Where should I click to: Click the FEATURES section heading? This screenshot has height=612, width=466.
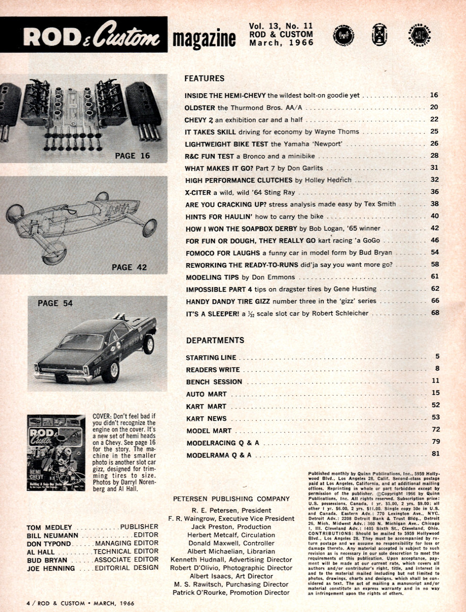(204, 79)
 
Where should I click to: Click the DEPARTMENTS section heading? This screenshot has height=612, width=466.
(215, 340)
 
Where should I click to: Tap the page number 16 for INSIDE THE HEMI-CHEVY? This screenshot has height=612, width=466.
(434, 95)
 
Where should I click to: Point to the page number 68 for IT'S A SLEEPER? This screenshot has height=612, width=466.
(435, 313)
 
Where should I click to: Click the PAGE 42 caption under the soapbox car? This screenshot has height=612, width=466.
(128, 266)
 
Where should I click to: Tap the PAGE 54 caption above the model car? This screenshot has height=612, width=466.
(55, 303)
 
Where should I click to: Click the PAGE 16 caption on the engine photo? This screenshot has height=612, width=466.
(132, 156)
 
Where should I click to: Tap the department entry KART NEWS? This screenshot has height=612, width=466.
(206, 418)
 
